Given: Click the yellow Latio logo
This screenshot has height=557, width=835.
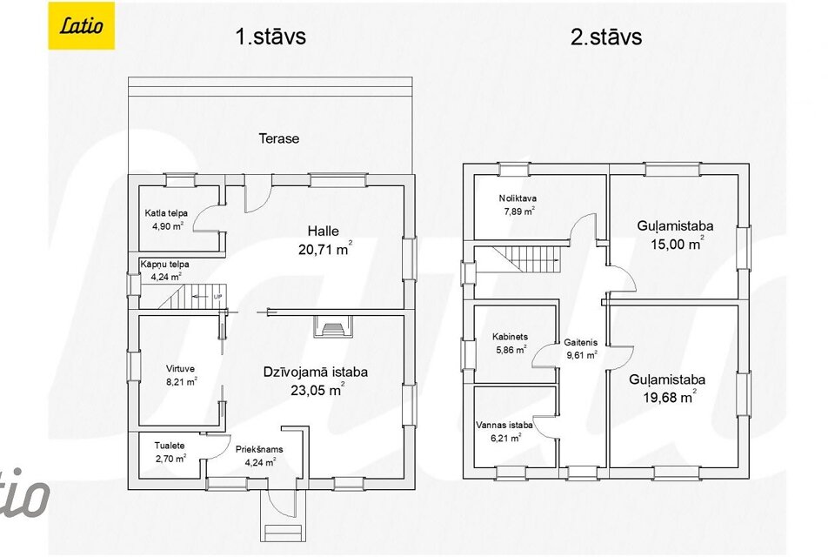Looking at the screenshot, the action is point(82,25).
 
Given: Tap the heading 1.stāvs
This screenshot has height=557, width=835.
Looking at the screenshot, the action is point(271,37).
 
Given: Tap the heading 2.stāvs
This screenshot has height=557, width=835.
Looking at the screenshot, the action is point(606,37).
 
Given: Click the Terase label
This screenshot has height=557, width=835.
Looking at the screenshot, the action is point(279,138).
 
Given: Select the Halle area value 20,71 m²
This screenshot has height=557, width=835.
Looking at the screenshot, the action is point(324,248).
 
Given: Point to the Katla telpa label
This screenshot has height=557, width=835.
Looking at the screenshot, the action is point(166,213).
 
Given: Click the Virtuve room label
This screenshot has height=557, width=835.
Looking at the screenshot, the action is point(180,368).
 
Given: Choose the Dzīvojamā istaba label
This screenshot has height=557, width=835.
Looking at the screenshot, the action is point(315,372).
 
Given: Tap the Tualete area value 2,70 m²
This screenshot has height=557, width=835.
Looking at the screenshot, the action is point(170,458).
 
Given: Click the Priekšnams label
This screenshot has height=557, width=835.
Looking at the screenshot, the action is point(259,449).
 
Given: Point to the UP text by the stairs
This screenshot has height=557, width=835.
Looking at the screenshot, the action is point(217,297).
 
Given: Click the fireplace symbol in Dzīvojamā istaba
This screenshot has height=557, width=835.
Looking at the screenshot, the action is point(333,326).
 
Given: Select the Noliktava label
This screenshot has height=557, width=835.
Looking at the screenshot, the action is point(518,198).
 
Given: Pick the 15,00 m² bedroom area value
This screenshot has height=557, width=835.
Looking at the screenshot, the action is point(677,244).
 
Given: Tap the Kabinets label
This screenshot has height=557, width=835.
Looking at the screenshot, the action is point(511,337).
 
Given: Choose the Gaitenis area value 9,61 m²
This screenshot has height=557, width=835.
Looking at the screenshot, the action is point(582,354).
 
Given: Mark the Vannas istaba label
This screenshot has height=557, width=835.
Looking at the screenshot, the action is point(504,426).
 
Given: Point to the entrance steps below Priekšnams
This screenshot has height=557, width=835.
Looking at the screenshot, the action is point(282,533).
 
